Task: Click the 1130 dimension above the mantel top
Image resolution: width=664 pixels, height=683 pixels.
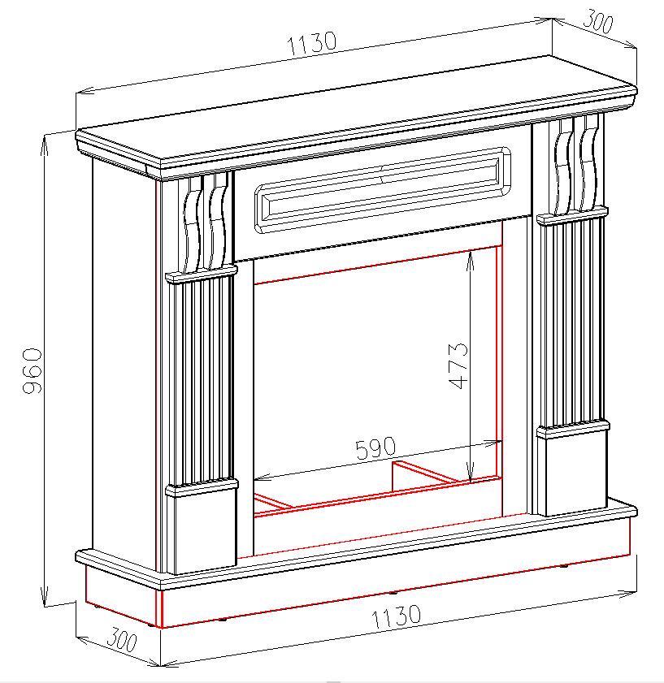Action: [312, 43]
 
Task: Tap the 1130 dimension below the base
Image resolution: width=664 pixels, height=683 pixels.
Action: [396, 616]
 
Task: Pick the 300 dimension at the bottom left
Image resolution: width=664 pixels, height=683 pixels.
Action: [122, 640]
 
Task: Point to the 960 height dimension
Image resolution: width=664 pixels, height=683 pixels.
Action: [33, 370]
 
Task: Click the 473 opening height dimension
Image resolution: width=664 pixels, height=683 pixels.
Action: [458, 365]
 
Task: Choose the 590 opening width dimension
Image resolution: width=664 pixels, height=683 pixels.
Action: [375, 447]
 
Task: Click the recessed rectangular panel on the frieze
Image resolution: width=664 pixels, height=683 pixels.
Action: [382, 190]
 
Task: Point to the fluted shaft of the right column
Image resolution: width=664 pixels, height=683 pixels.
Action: [571, 322]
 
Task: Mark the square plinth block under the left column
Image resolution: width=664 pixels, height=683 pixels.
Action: [202, 529]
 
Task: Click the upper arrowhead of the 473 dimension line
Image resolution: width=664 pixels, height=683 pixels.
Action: [470, 262]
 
